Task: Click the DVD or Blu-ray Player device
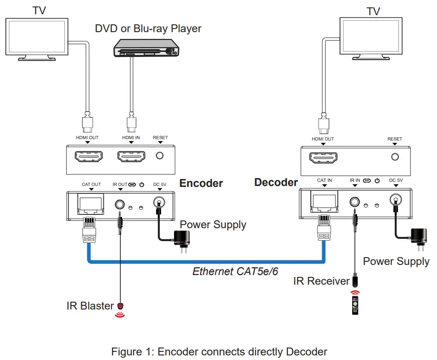point(146,48)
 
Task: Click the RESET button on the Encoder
point(160,156)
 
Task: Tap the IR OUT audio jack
point(120,203)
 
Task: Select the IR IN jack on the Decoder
point(355,201)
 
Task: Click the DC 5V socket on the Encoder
point(159,202)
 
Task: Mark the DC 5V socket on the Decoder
point(395,200)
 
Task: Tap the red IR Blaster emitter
point(121,306)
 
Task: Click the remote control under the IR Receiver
point(355,305)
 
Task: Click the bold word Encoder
point(201,183)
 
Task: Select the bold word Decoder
point(276,182)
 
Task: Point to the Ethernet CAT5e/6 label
point(235,271)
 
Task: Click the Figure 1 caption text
point(219,352)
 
